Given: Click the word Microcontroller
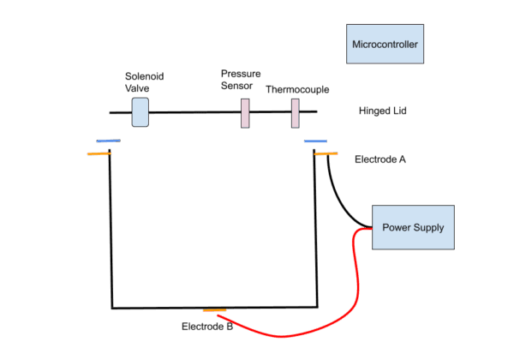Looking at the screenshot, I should (x=385, y=44).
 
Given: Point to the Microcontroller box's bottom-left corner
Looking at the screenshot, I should (x=347, y=63).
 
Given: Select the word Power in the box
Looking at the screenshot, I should (x=397, y=228).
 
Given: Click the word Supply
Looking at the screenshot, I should (x=429, y=228).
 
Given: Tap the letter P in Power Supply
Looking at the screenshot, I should (x=385, y=228).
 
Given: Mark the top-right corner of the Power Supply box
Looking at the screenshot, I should (x=453, y=207).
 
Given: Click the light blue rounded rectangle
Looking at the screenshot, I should (x=140, y=112).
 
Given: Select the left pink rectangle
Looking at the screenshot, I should (x=245, y=113).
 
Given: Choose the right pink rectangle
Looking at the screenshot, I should (x=295, y=113).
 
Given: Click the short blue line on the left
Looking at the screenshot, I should (x=108, y=141).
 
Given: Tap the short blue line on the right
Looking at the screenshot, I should (x=315, y=141).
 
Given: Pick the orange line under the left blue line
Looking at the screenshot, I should (x=99, y=154).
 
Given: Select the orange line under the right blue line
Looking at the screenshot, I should (x=326, y=154).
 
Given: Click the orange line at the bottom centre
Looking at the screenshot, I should (x=214, y=310).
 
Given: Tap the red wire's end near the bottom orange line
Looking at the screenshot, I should (x=219, y=315).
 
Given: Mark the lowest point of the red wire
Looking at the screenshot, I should (x=283, y=336).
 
